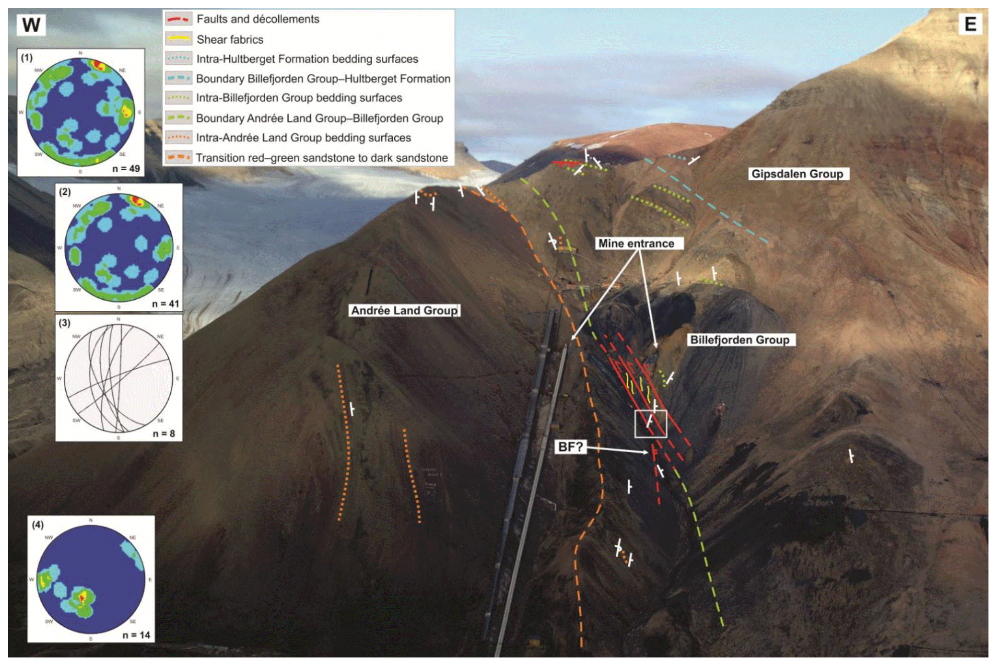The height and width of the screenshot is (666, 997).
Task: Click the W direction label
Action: click(31, 24)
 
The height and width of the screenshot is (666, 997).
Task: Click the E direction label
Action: click(970, 24)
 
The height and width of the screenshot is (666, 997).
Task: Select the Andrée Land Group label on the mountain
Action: click(404, 310)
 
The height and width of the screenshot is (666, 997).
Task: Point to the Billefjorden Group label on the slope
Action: click(739, 340)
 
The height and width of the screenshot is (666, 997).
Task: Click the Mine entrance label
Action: click(636, 244)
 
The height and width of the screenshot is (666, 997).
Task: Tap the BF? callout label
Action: click(570, 447)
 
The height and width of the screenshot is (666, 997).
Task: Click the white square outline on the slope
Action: click(650, 423)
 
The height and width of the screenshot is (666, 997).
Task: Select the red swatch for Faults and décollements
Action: click(178, 19)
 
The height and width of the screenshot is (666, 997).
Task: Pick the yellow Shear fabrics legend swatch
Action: click(178, 39)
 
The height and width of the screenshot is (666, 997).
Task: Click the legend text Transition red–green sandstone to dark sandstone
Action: click(321, 158)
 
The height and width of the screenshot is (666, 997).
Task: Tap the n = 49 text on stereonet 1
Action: click(126, 168)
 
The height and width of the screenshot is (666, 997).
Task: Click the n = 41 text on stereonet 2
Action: click(165, 303)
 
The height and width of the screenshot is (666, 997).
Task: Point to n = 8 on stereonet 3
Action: click(164, 433)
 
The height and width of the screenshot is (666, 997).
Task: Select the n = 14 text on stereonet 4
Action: click(136, 635)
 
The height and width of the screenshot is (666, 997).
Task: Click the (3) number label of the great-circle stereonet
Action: click(64, 322)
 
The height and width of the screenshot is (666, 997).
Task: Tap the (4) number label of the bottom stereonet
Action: click(38, 524)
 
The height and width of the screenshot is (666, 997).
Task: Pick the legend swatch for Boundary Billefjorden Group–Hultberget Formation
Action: click(178, 78)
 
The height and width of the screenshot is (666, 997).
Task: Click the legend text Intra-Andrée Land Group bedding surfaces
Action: click(303, 138)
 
